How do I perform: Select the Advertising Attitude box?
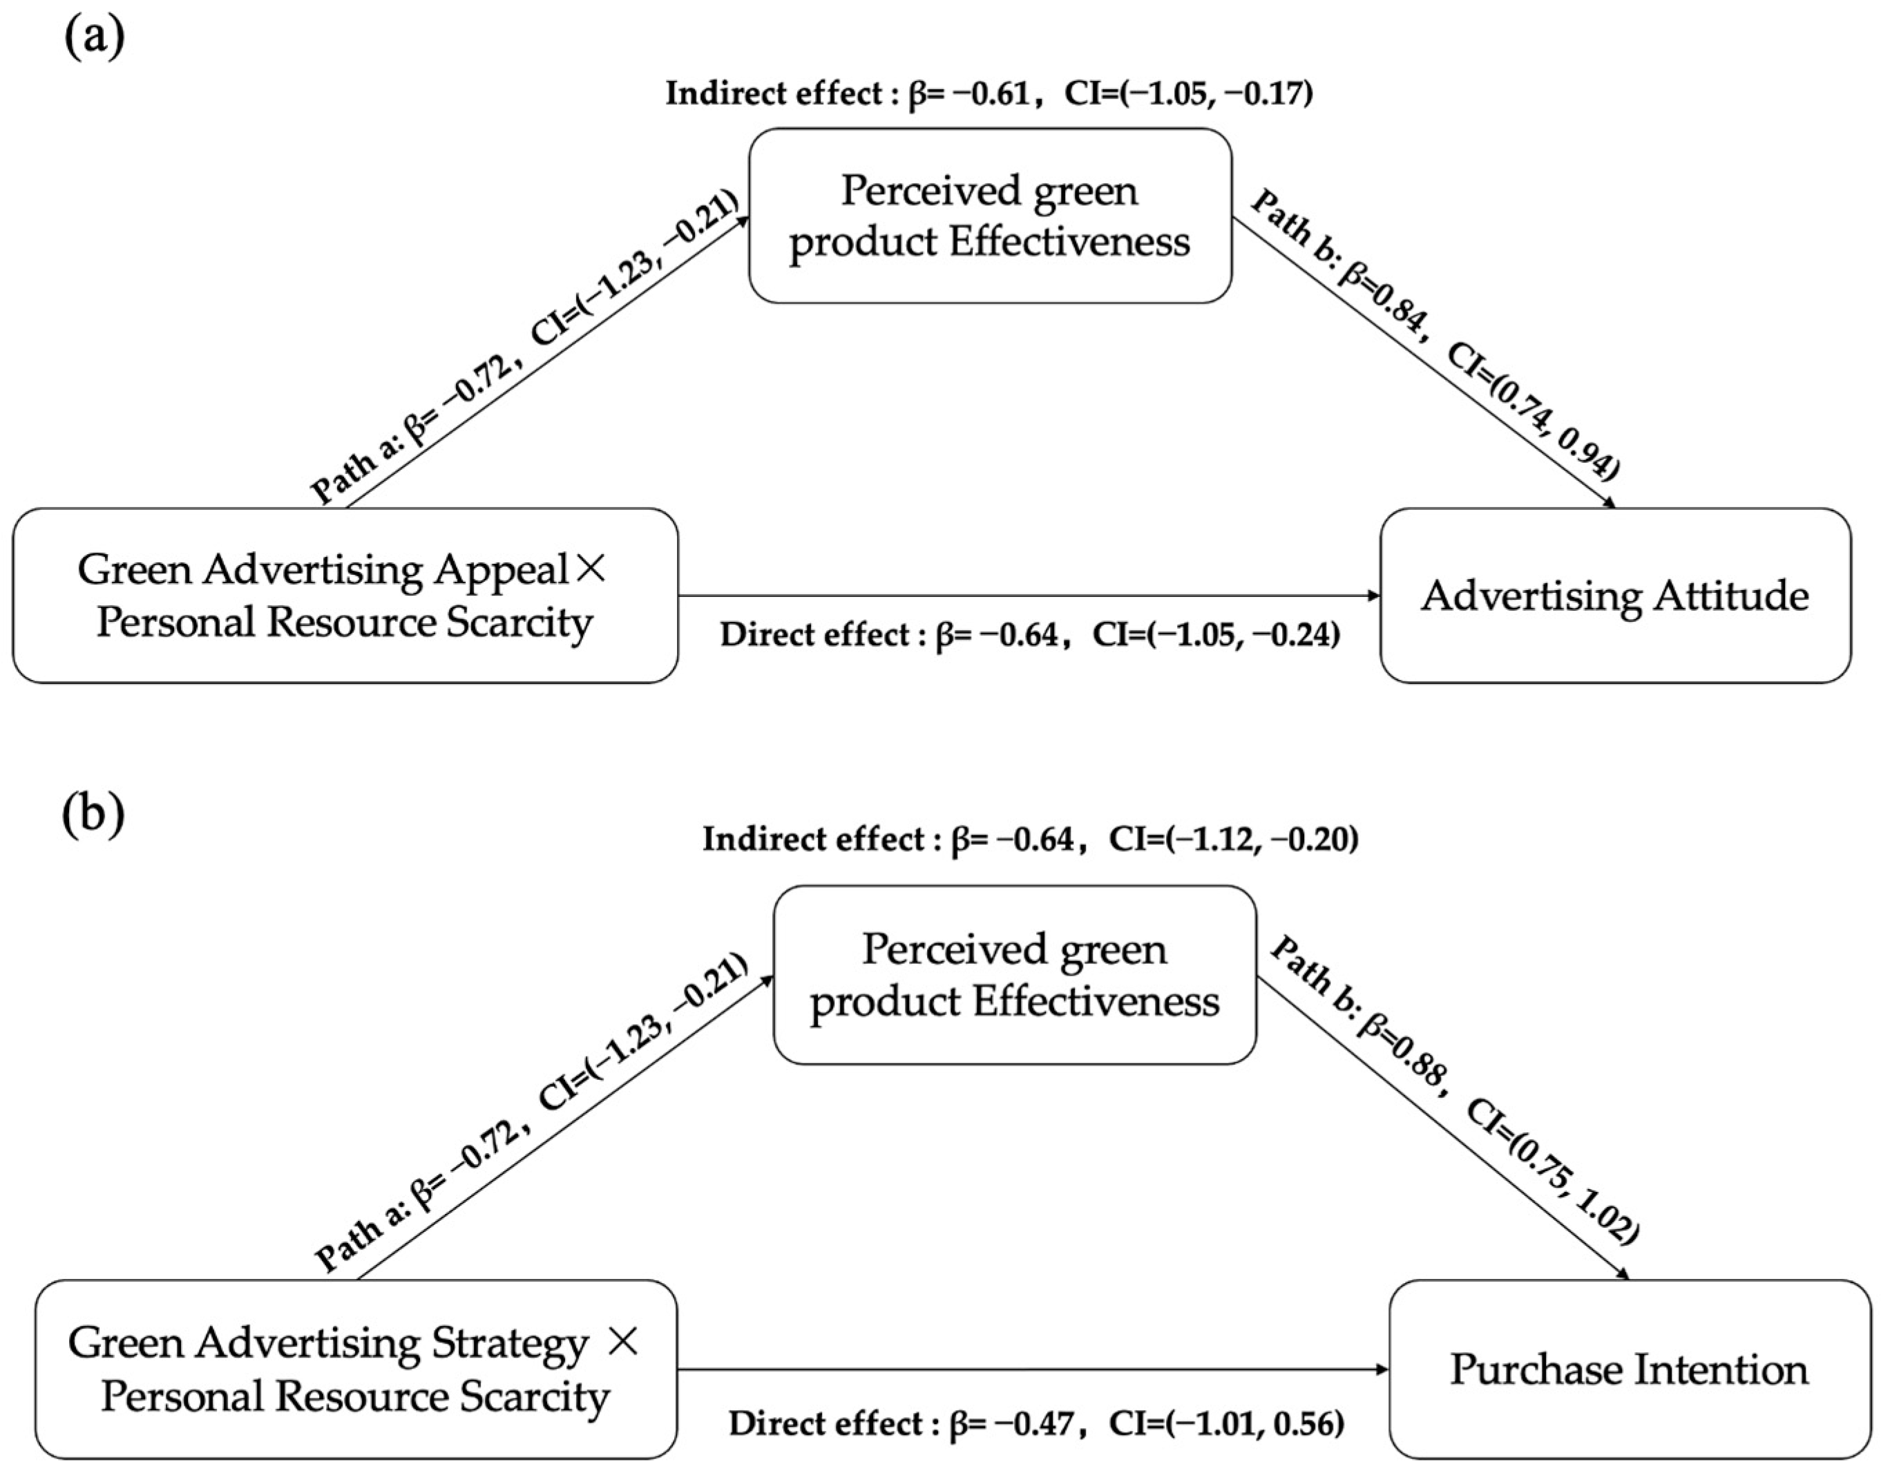(x=1615, y=596)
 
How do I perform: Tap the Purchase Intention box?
(x=1629, y=1369)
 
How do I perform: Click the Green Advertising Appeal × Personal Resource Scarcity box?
(x=345, y=596)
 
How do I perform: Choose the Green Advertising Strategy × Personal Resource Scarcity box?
(x=355, y=1369)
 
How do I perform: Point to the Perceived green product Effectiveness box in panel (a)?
(x=990, y=216)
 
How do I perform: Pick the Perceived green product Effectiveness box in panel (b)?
(x=1013, y=975)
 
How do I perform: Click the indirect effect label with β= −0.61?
(x=989, y=93)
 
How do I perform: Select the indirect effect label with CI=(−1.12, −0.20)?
(x=1232, y=839)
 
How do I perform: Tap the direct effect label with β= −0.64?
(x=1029, y=636)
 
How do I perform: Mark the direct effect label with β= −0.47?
(x=1036, y=1423)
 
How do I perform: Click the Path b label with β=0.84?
(x=1433, y=336)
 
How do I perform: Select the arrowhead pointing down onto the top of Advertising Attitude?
(x=1607, y=504)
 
